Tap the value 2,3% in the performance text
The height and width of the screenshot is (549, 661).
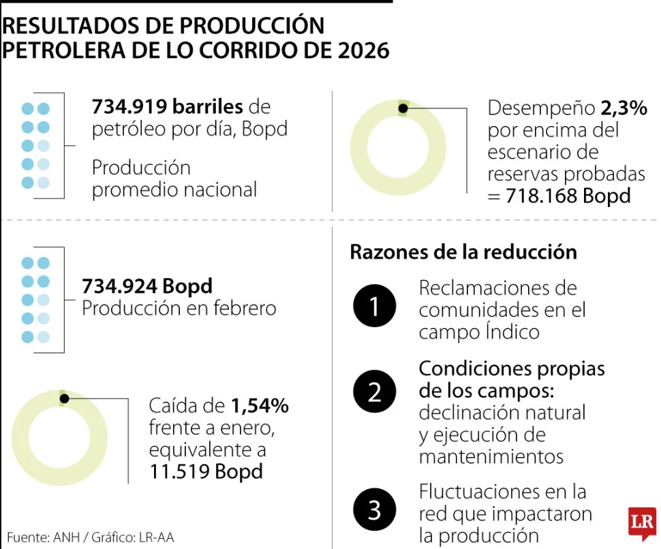click(x=624, y=108)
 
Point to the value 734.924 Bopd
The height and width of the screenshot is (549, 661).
click(x=147, y=285)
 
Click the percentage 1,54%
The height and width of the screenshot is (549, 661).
click(x=260, y=406)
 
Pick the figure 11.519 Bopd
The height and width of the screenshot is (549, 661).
click(x=206, y=471)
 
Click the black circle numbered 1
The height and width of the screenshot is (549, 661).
click(x=375, y=307)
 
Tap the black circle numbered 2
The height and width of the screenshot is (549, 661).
click(x=375, y=392)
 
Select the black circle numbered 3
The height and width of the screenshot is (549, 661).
click(x=375, y=510)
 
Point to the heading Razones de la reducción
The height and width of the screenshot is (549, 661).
click(x=463, y=252)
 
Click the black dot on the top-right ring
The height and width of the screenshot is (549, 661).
click(x=403, y=108)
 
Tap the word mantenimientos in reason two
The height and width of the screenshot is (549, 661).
click(x=491, y=456)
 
